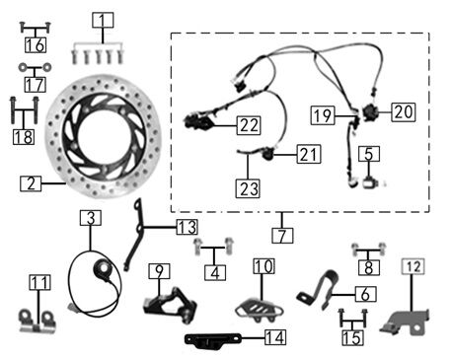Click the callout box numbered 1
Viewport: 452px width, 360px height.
click(103, 21)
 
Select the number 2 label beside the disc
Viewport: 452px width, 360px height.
click(31, 183)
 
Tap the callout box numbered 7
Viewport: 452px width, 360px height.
click(282, 236)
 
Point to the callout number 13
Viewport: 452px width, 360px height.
click(187, 227)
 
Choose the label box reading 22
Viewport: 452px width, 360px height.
click(249, 125)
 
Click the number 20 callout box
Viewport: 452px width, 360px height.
click(404, 112)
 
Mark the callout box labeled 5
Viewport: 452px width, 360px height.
click(369, 154)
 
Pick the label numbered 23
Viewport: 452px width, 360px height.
click(248, 188)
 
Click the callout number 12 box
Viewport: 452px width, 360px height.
click(414, 266)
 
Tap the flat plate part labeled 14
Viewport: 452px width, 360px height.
click(212, 339)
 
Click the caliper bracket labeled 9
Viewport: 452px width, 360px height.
click(171, 305)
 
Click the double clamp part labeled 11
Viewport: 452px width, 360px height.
click(38, 323)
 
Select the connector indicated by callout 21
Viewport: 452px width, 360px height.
click(268, 154)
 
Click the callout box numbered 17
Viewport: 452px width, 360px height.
click(36, 85)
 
